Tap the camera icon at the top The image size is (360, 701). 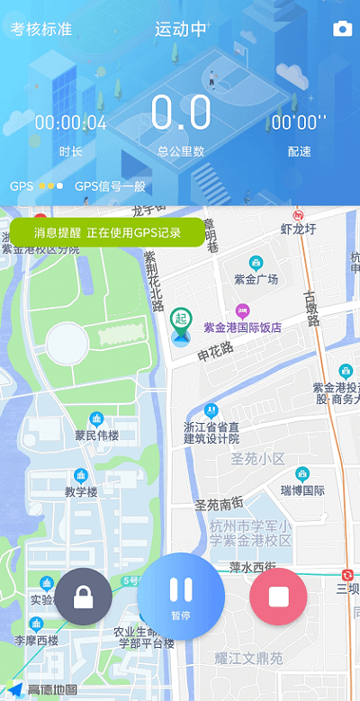click(343, 29)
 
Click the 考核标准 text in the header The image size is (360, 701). click(41, 29)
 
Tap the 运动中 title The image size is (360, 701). click(180, 29)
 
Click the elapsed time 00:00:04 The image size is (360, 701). click(70, 123)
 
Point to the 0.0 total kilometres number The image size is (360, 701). click(181, 114)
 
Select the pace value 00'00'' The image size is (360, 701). click(299, 123)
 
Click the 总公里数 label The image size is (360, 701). click(181, 151)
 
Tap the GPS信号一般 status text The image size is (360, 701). click(110, 187)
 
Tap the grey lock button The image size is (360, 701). click(84, 596)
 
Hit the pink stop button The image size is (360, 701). click(278, 596)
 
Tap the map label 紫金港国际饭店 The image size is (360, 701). click(242, 328)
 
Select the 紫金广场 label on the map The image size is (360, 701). click(256, 279)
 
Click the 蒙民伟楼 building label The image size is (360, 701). click(96, 436)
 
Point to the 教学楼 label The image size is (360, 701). click(81, 491)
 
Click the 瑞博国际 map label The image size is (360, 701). click(302, 490)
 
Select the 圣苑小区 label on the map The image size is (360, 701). click(257, 459)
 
